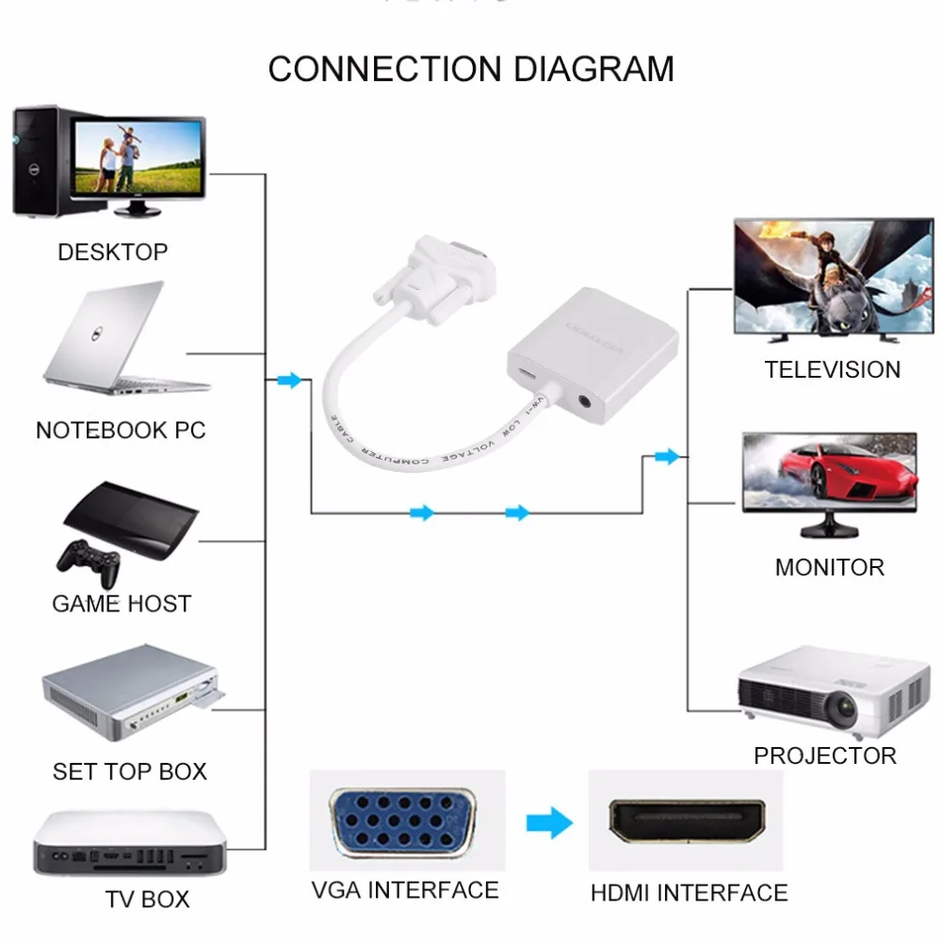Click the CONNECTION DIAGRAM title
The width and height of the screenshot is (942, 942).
tap(471, 70)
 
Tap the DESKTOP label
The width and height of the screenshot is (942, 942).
tap(112, 252)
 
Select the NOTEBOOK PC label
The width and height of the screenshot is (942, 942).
tap(121, 430)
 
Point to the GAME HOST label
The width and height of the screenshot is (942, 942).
tap(122, 604)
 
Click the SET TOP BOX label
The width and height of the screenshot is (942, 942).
tap(130, 771)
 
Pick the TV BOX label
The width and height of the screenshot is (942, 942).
tap(147, 900)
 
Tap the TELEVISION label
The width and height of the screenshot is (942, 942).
tap(833, 369)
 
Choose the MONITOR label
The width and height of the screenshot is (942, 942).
tap(830, 567)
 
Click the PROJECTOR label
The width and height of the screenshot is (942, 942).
tap(825, 755)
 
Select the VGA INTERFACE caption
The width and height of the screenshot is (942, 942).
tap(405, 890)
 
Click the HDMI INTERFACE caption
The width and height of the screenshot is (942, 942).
tap(690, 892)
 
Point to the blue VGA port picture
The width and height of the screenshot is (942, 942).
tap(406, 821)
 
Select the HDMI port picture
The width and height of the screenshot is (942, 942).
tap(688, 820)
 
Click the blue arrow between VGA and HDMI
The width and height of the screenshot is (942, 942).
tap(549, 822)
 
